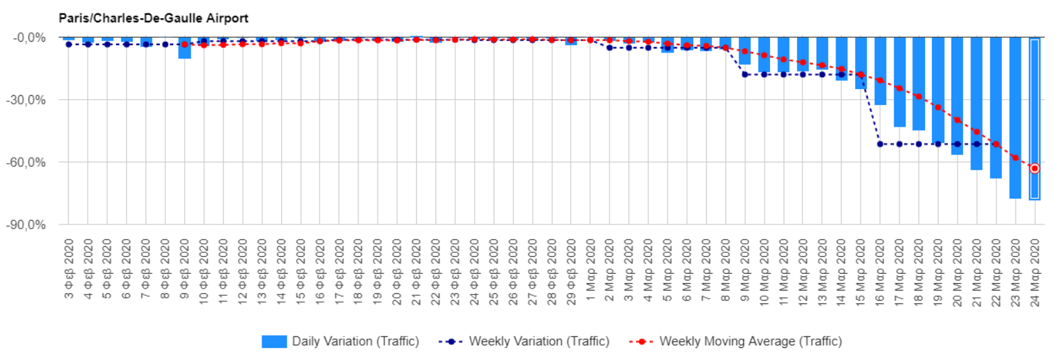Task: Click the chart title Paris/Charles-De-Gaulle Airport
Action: pos(153,18)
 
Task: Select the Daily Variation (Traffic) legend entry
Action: pos(341,341)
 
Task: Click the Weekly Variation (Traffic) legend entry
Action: pos(524,341)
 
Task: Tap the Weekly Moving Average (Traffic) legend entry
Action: pos(736,341)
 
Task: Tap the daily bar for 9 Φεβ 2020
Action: pos(184,49)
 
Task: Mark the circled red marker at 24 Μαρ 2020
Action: pos(1034,169)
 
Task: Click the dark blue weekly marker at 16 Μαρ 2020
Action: pos(880,144)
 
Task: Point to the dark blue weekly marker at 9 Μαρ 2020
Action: pos(745,74)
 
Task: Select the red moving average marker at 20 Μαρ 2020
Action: pos(957,120)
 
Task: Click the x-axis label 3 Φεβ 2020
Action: pos(69,268)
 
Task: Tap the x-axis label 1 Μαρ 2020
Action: pos(591,268)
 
